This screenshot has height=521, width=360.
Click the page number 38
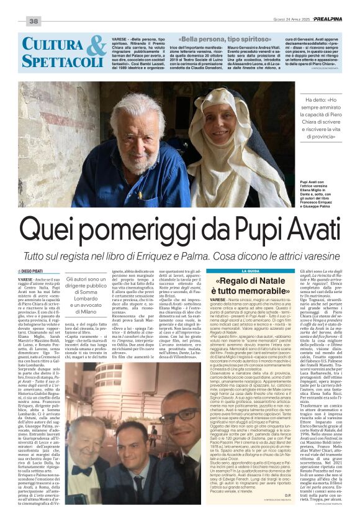33,21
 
